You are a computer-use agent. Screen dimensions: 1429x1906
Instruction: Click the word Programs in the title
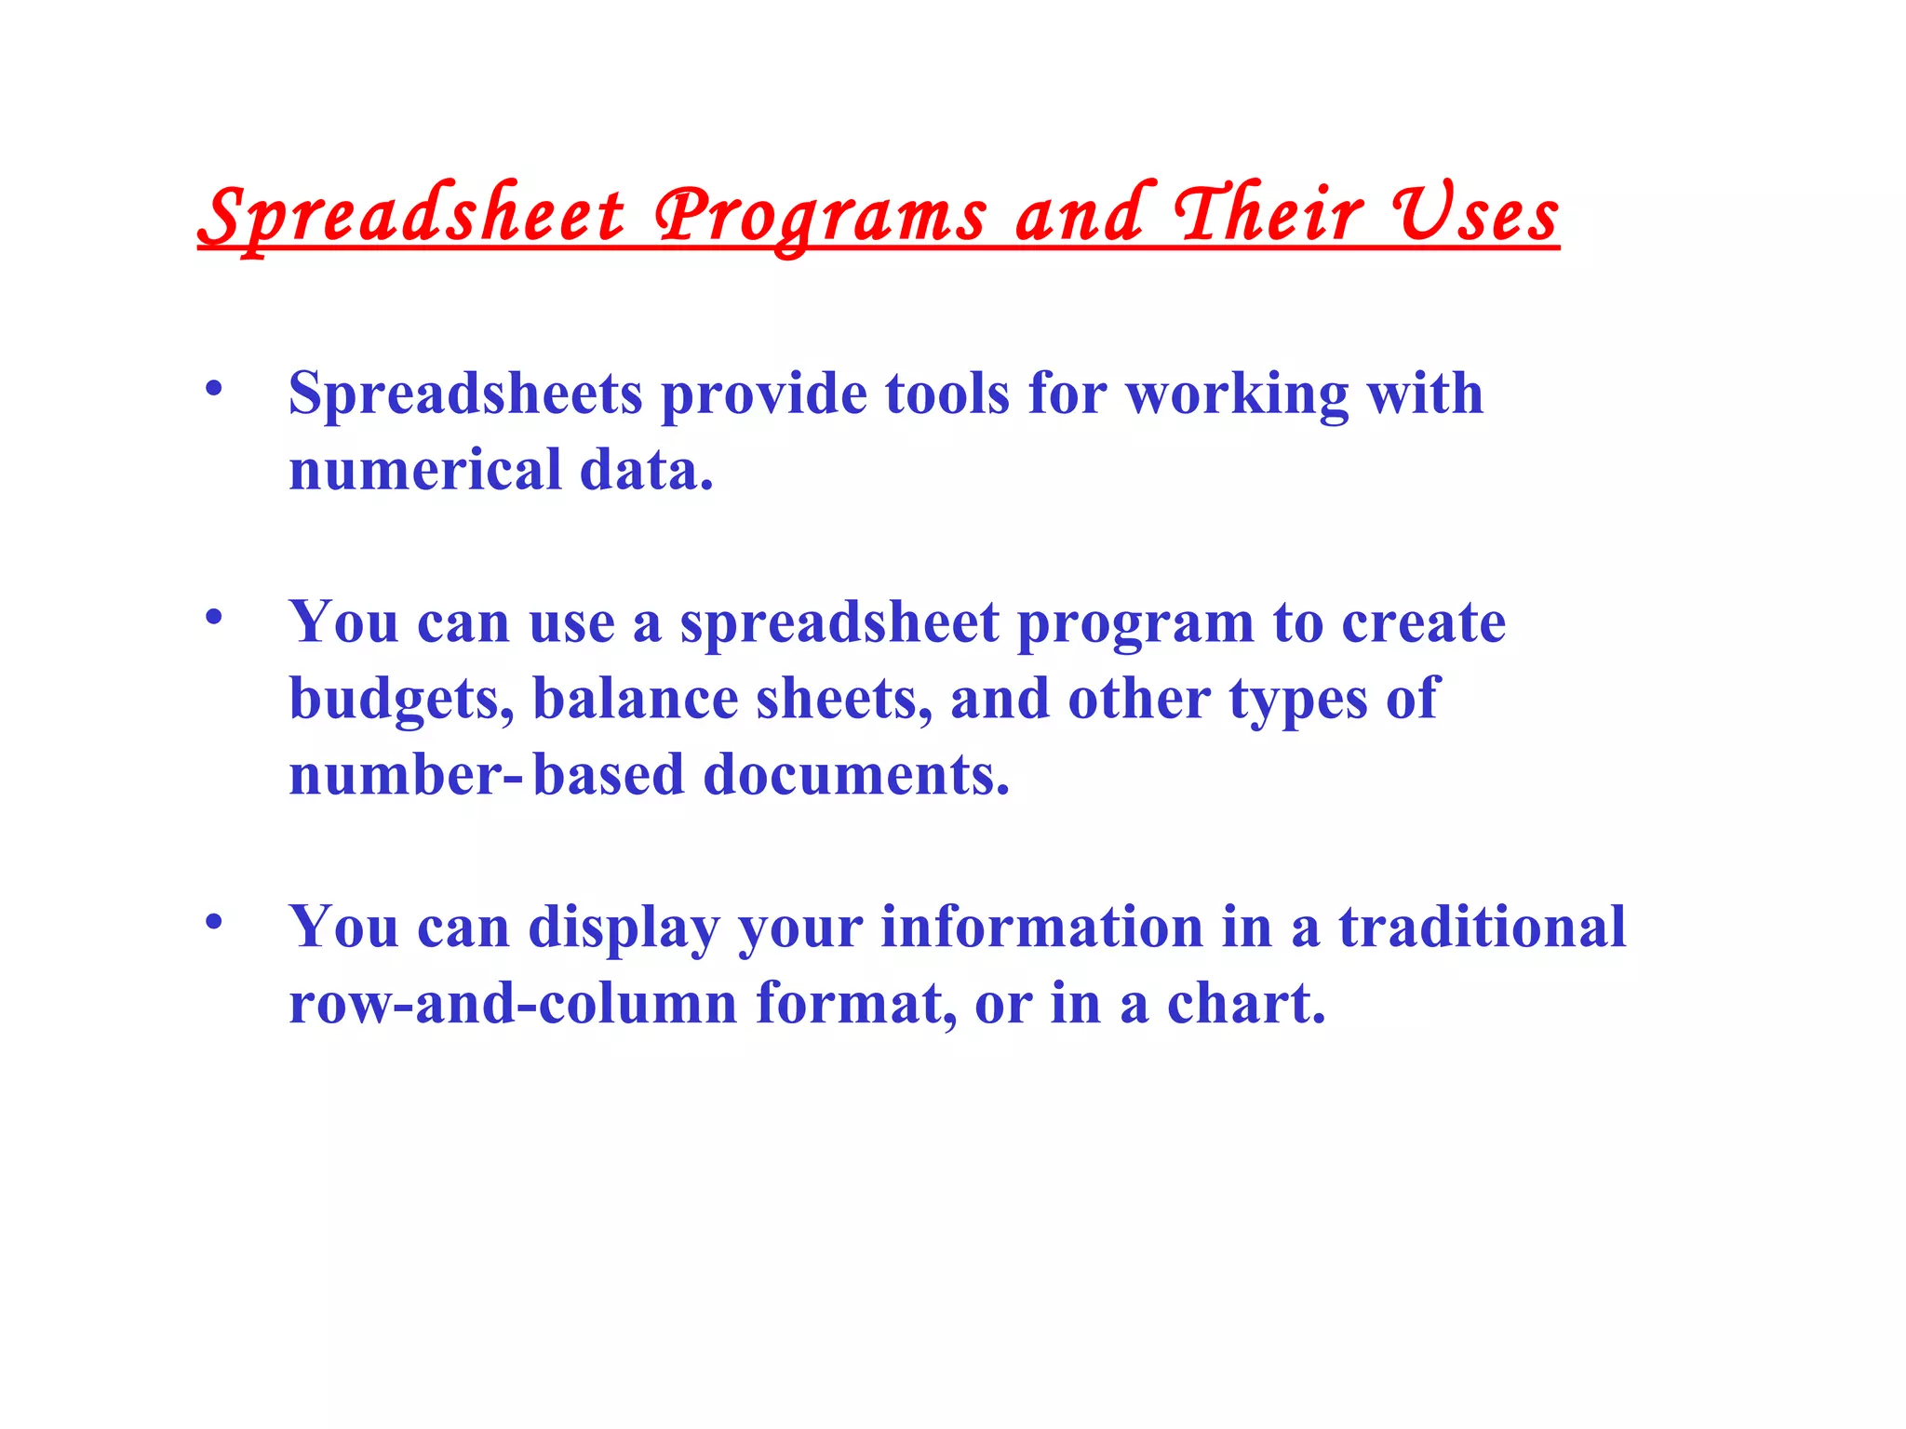(819, 216)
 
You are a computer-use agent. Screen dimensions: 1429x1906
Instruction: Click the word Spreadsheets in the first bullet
(465, 394)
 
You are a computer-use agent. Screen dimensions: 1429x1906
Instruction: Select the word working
(1237, 394)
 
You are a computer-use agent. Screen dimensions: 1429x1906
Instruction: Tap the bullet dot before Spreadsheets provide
(214, 389)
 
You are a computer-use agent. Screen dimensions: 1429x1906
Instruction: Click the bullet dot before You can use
(214, 617)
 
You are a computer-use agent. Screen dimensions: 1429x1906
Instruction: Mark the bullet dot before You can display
(214, 922)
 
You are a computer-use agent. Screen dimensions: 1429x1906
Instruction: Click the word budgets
(401, 700)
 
